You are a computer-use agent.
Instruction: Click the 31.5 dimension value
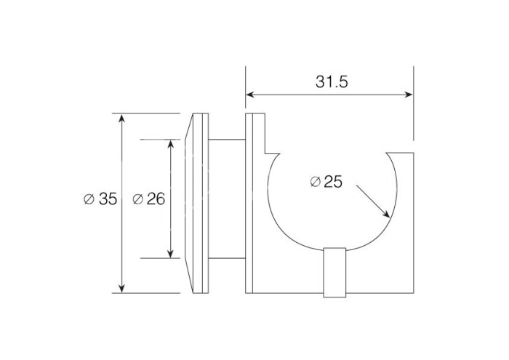coord(332,81)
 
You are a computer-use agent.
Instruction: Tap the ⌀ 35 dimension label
coord(100,199)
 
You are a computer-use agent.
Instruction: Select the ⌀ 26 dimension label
coord(149,199)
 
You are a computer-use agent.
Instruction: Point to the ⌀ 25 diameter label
coord(326,182)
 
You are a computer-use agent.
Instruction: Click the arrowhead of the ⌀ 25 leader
coord(386,214)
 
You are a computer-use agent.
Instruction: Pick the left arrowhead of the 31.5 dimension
coord(249,95)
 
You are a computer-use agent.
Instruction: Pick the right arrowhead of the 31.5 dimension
coord(409,95)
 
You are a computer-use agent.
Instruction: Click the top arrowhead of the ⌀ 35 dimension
coord(121,118)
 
